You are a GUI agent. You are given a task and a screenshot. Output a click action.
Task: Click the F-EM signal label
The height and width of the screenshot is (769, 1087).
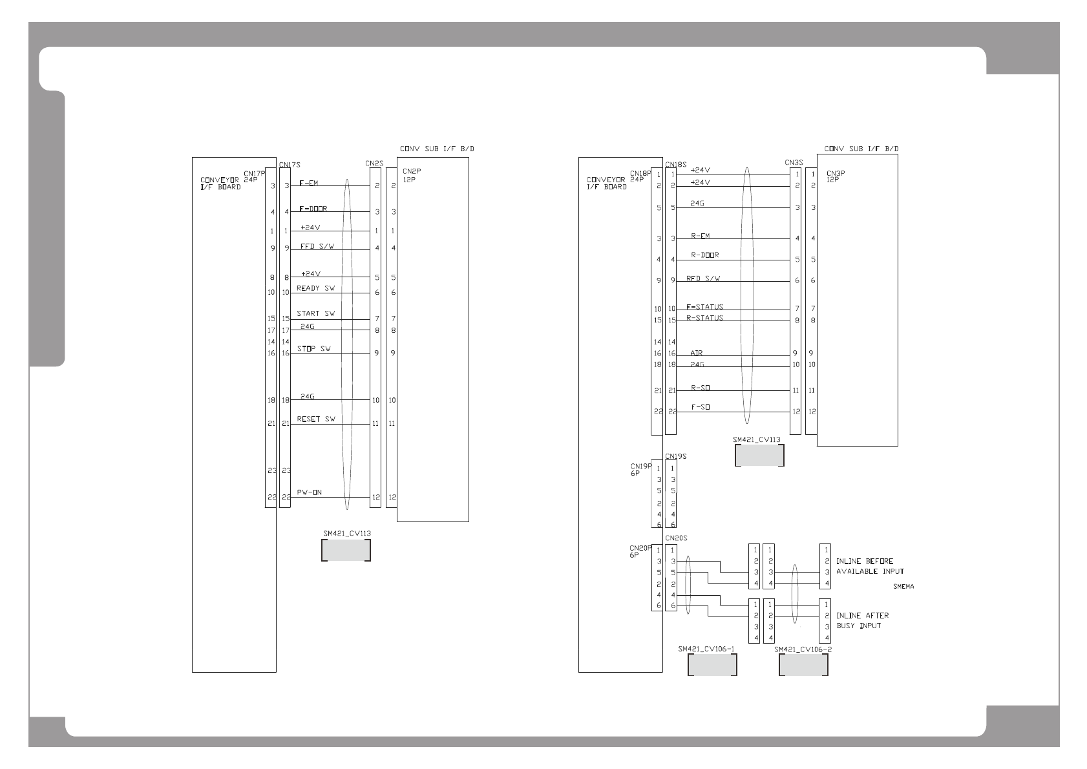(x=309, y=184)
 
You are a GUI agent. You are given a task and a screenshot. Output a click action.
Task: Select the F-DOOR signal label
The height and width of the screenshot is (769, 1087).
(x=313, y=209)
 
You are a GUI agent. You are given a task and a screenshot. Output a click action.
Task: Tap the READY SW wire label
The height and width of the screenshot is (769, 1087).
(x=315, y=288)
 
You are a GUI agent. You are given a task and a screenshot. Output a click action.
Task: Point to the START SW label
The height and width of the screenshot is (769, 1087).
(x=315, y=313)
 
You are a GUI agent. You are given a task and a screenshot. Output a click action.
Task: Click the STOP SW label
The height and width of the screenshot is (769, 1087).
(x=313, y=349)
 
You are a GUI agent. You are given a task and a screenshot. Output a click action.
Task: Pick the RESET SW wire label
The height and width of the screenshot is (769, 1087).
(x=315, y=419)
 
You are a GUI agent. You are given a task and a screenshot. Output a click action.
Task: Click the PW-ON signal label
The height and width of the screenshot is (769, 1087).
(x=310, y=492)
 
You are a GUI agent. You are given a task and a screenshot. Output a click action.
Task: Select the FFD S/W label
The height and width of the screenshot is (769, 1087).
(x=317, y=247)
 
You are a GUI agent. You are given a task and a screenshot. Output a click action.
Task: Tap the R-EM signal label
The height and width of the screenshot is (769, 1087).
(x=700, y=236)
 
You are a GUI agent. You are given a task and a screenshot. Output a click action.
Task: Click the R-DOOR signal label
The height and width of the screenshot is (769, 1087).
(x=704, y=255)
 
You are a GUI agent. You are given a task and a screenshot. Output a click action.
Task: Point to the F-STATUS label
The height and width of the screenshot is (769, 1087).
(x=704, y=307)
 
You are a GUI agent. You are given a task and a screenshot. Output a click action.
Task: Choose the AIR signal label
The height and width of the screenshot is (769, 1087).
(x=696, y=353)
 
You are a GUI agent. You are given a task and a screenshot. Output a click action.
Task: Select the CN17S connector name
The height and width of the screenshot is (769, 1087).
(x=290, y=165)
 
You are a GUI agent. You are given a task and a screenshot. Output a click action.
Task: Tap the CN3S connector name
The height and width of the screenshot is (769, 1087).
(x=794, y=162)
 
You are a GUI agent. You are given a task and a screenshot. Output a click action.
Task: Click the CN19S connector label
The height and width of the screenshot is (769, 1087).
(x=675, y=456)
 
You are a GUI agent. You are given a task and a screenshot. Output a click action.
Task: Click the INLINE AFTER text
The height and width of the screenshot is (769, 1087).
(x=862, y=616)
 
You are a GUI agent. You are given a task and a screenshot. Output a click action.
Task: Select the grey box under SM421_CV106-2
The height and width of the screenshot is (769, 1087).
(x=803, y=665)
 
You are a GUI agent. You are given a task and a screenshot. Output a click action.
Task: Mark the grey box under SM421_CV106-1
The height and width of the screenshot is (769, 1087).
(x=712, y=665)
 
